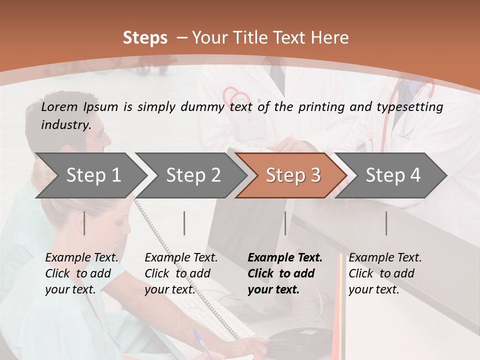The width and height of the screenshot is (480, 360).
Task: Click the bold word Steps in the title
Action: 145,38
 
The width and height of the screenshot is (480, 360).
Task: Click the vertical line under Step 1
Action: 84,223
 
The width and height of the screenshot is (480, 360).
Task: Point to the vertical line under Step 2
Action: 184,223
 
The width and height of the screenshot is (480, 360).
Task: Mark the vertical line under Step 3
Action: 285,223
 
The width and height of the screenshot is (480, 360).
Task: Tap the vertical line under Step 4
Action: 386,223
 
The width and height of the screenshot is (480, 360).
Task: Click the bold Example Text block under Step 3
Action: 285,273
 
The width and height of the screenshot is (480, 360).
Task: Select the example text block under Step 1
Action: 81,273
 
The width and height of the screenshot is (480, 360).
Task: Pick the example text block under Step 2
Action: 181,273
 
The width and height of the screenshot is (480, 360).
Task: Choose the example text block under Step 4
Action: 385,273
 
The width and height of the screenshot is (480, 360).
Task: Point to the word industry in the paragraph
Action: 65,124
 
